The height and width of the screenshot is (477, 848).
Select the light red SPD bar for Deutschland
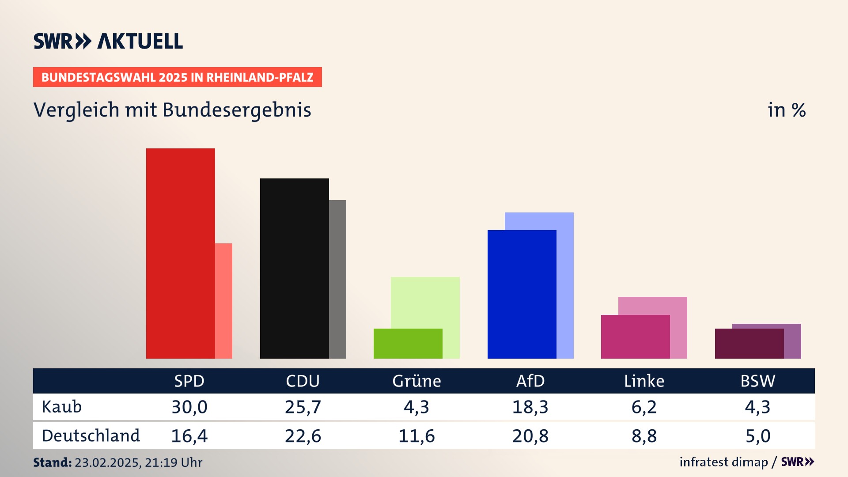click(223, 300)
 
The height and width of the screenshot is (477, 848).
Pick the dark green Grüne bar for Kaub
click(408, 343)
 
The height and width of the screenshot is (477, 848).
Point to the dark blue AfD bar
click(522, 294)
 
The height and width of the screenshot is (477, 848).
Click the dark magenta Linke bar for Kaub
click(635, 337)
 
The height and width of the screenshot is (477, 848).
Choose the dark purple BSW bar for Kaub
click(749, 343)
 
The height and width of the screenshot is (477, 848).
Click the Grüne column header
click(416, 381)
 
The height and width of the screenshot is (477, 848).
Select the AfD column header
click(530, 381)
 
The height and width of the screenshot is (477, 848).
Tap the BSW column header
click(757, 381)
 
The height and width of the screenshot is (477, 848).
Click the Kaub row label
click(62, 407)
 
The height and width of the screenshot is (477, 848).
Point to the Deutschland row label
click(91, 436)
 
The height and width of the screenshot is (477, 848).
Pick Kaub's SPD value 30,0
click(189, 407)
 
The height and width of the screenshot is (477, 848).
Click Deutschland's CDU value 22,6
click(303, 436)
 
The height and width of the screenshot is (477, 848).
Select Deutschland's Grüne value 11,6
click(416, 436)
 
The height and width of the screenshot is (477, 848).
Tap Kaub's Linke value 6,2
click(644, 407)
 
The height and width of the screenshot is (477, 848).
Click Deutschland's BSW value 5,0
click(758, 436)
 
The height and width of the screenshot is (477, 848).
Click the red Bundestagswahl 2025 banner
click(177, 77)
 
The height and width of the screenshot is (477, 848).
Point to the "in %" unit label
click(787, 110)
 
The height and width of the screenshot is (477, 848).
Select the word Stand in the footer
click(52, 462)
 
